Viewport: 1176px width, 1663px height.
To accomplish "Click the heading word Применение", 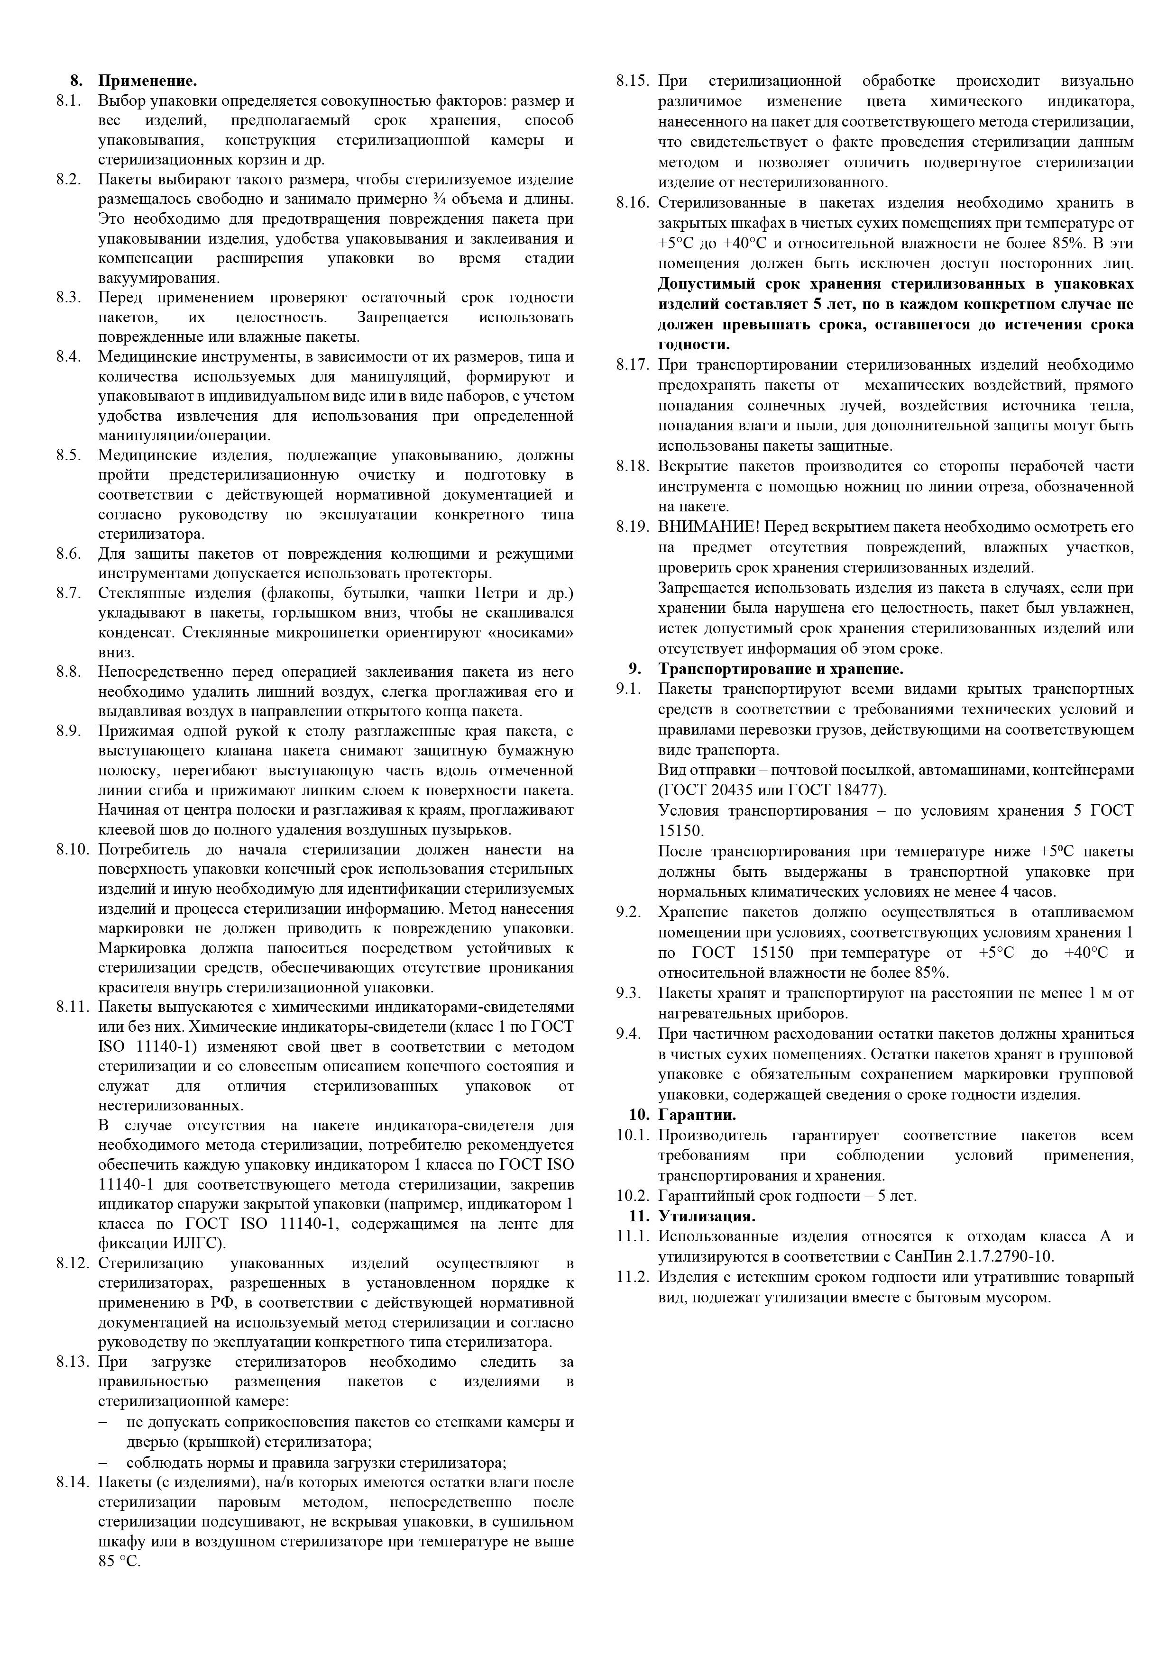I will click(x=147, y=81).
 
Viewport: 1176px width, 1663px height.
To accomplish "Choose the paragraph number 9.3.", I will click(x=628, y=993).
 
